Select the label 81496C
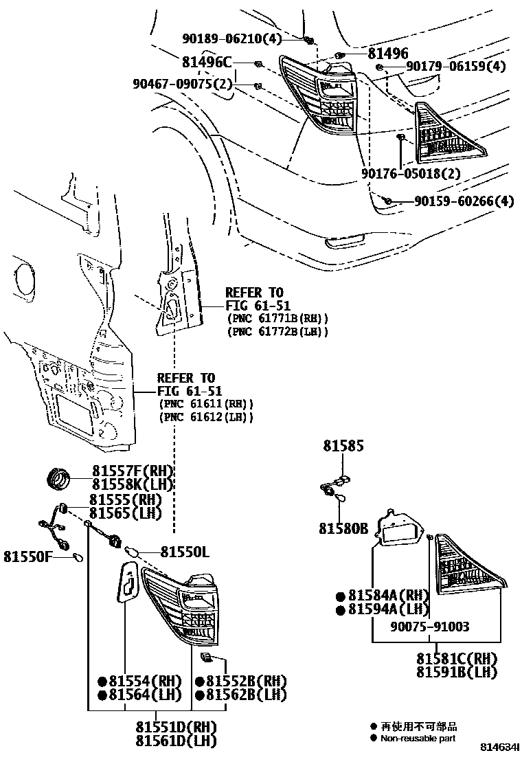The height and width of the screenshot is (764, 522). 207,62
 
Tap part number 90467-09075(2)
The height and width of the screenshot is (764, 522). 183,85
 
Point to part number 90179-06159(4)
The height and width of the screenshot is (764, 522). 455,67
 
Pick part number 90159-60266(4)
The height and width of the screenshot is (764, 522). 464,201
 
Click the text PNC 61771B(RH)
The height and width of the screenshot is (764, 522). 277,319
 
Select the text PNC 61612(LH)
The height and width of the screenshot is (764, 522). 206,417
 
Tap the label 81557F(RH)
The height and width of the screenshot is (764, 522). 133,471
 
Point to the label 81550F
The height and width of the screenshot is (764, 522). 29,555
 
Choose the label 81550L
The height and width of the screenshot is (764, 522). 185,551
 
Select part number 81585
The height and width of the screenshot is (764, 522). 344,447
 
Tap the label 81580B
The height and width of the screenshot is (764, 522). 343,528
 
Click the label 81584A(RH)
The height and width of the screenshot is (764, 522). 389,595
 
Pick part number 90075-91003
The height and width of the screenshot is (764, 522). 430,627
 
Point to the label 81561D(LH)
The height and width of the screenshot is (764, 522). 176,741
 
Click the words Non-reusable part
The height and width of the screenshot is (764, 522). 418,739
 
